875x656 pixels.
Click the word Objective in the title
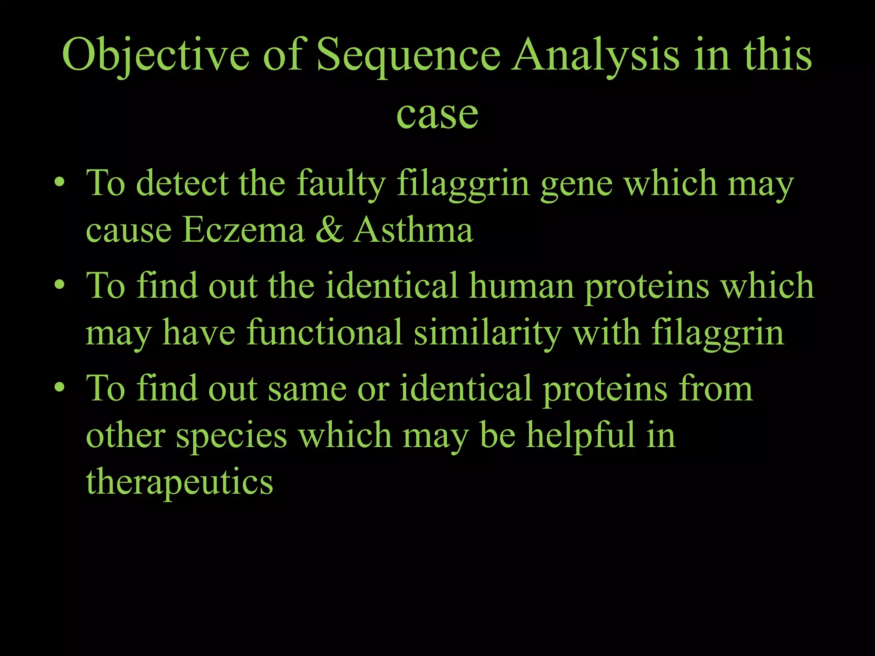pos(156,56)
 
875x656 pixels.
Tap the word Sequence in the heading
pos(408,56)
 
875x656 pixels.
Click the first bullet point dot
pos(60,183)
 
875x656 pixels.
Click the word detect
pos(182,183)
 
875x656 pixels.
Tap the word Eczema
pos(244,230)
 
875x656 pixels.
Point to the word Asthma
pos(413,230)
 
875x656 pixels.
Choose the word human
pos(521,285)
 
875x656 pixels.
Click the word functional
pos(324,332)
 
